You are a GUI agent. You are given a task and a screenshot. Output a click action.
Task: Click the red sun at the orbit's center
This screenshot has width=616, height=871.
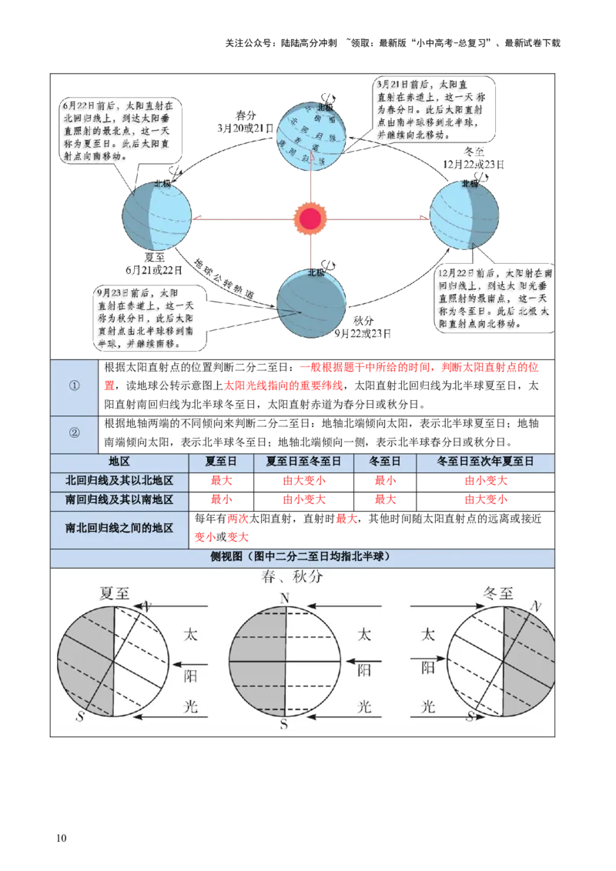coord(310,219)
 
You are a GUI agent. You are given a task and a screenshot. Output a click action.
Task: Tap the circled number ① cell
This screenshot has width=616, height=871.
coord(75,386)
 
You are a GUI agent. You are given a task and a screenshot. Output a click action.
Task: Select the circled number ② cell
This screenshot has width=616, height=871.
coord(75,432)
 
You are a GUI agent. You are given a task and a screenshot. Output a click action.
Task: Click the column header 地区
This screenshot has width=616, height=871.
coord(119,462)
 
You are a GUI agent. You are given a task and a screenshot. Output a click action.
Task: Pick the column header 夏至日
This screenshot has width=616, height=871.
coord(221,462)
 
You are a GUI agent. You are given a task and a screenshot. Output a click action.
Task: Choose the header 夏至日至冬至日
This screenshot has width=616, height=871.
coord(303,462)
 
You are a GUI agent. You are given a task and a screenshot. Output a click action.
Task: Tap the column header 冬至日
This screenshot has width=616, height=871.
coord(385,462)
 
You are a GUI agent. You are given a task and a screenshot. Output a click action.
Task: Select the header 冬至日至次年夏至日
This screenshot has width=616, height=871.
coord(485,462)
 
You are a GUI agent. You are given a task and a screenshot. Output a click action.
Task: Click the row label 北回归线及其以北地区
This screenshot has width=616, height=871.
coord(119,480)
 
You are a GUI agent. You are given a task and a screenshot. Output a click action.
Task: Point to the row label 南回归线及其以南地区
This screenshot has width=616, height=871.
coord(119,499)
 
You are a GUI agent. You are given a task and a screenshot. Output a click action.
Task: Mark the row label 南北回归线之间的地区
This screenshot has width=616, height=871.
coord(119,529)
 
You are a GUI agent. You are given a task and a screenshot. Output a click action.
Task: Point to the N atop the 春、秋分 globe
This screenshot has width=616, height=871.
coord(285,599)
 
